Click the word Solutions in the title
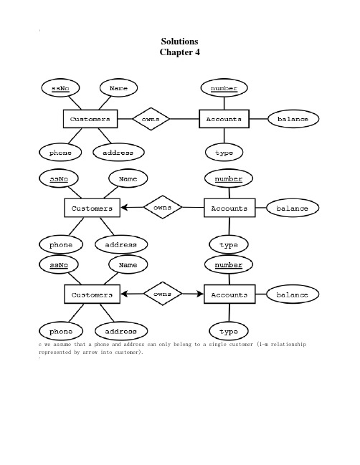click(179, 42)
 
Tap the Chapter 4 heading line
click(179, 52)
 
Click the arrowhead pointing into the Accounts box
click(200, 294)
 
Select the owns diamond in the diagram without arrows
click(151, 119)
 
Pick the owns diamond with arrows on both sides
click(163, 294)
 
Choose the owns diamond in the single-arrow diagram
click(163, 207)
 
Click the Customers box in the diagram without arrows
click(90, 119)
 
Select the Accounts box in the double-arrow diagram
click(229, 294)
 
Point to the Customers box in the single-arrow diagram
click(93, 208)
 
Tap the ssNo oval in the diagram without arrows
click(60, 88)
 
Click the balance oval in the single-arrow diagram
click(293, 208)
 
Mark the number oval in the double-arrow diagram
click(229, 264)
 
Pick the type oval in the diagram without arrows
click(224, 153)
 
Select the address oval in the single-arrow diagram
click(121, 244)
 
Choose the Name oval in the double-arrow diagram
click(128, 264)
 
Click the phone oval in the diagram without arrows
click(60, 153)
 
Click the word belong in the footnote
click(183, 345)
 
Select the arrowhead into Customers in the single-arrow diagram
click(124, 207)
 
